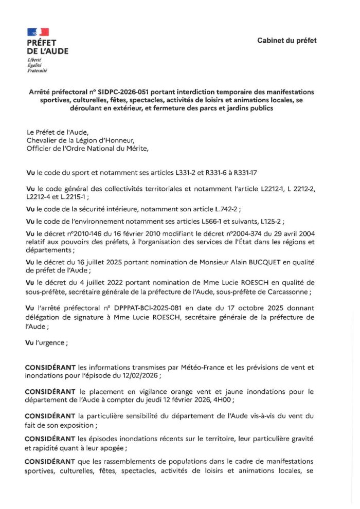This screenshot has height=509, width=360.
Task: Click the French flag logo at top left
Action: click(x=38, y=32)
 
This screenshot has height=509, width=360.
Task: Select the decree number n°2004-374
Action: click(x=246, y=234)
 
